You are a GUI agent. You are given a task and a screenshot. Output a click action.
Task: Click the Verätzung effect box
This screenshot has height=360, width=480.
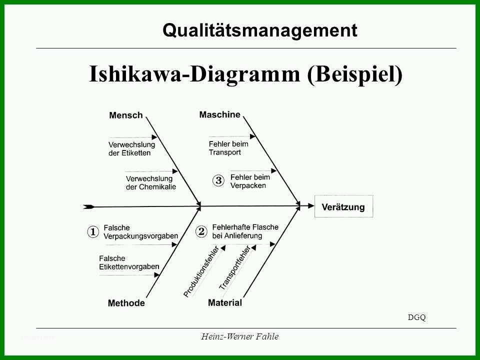pos(344,206)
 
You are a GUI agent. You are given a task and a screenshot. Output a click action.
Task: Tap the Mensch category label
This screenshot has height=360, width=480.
pos(126,115)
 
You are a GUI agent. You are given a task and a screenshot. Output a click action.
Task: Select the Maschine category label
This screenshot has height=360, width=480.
pos(220,115)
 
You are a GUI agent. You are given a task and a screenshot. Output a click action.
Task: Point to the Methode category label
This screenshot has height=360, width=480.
pos(126,303)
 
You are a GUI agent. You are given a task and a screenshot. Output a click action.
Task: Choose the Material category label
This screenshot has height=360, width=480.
pos(225,303)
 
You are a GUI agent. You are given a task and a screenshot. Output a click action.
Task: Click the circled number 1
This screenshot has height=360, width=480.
pos(93,231)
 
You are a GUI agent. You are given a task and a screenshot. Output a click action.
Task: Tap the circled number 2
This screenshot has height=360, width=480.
pos(201,231)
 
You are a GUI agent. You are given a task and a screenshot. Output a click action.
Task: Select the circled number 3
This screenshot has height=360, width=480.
pos(218,180)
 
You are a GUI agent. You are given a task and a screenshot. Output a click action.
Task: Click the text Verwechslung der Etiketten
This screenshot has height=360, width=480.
pos(131,149)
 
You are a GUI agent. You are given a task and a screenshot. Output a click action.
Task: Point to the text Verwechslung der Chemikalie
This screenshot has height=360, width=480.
pos(151,183)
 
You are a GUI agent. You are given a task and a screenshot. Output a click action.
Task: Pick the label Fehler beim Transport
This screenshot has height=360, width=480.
pos(228,148)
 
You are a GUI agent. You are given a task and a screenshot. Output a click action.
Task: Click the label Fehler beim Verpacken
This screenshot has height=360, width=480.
pos(250,181)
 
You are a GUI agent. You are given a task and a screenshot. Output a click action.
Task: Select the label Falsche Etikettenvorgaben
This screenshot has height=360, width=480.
pos(129,262)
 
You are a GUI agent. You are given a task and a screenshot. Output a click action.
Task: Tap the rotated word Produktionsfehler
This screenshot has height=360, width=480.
pos(201,271)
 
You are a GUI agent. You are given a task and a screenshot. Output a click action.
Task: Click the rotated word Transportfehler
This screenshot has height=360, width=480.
pos(235,267)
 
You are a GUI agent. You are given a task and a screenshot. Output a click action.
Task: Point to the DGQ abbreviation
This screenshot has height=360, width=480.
pos(416,317)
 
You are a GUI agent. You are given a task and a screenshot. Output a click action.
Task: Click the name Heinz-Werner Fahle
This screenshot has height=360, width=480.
pos(239,336)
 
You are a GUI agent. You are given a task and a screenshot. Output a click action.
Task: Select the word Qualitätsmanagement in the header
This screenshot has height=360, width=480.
pos(260,30)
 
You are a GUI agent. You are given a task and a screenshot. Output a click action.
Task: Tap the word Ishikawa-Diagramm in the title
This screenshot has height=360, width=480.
pos(194,74)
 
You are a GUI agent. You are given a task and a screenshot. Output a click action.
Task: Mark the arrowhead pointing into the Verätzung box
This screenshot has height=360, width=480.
pos(311,206)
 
